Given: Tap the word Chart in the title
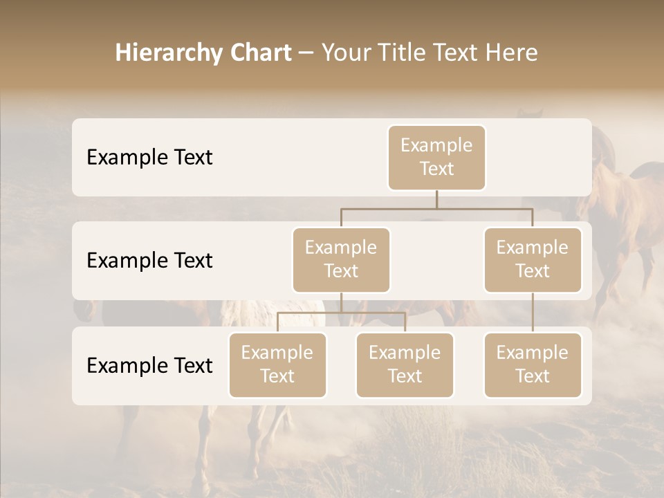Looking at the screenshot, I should point(259,53).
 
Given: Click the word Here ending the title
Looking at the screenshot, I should point(511,53).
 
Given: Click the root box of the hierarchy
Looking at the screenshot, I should point(436,157).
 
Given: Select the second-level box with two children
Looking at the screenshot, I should point(341,259).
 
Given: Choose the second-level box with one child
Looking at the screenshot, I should point(533,259).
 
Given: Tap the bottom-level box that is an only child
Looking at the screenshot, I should point(533,365).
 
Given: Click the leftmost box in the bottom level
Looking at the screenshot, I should point(277,365).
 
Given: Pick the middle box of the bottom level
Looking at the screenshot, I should point(405,365).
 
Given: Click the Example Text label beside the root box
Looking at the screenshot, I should point(149,157).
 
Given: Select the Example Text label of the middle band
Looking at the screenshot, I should point(149,260).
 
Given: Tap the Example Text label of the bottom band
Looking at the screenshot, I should point(149,365).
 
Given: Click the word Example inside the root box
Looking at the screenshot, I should point(436,145).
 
